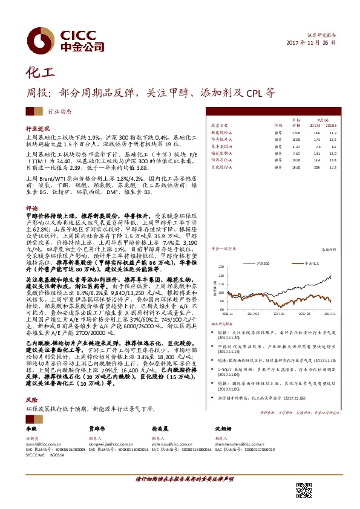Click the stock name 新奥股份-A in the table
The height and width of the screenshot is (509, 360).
221,132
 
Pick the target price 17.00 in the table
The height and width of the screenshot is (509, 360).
295,132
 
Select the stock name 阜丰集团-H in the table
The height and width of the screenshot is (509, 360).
221,146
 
